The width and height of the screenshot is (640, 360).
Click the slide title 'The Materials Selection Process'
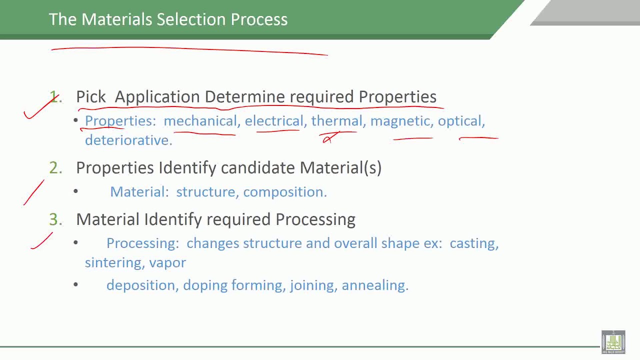coord(168,19)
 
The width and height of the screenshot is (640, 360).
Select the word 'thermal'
coord(336,121)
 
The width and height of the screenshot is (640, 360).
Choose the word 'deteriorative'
coord(127,140)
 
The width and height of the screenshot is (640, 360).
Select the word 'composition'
coord(284,192)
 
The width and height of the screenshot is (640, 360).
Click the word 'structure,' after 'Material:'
coord(207,192)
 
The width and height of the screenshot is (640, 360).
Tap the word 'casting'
coord(472,243)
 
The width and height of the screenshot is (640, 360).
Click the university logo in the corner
coord(613,342)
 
